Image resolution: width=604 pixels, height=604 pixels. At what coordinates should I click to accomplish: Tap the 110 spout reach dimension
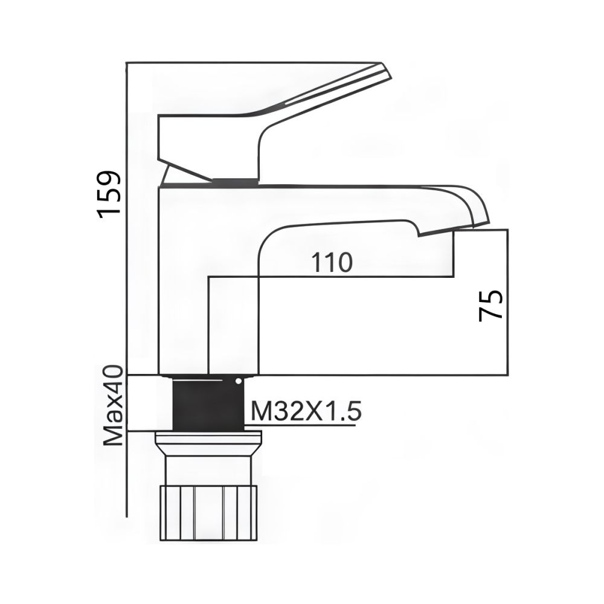point(331,263)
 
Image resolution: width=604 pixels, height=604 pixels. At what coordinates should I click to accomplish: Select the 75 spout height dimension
point(490,305)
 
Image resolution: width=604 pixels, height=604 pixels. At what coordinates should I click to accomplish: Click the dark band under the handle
point(235,180)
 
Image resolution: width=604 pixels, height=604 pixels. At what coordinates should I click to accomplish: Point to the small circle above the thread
point(239,381)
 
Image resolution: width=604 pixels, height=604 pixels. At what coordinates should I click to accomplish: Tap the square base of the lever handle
point(205,142)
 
